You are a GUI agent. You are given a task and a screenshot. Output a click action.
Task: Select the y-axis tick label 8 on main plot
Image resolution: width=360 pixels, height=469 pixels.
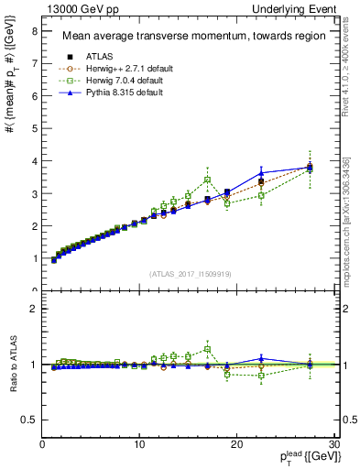pyautogui.click(x=34, y=31)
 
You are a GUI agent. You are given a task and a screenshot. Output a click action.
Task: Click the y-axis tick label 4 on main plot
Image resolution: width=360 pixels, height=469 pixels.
pyautogui.click(x=34, y=161)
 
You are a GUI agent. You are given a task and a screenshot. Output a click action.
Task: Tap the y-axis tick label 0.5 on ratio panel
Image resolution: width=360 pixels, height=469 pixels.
pyautogui.click(x=30, y=420)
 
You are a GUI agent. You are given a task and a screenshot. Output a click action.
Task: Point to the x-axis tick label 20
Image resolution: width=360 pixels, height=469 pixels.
pyautogui.click(x=236, y=446)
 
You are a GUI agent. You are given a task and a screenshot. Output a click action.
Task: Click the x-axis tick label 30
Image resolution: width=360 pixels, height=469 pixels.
pyautogui.click(x=333, y=446)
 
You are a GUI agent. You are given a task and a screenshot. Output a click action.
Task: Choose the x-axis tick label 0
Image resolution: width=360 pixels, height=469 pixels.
pyautogui.click(x=42, y=446)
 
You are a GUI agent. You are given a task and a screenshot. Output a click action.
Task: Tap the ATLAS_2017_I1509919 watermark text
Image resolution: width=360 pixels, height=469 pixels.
pyautogui.click(x=190, y=274)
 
